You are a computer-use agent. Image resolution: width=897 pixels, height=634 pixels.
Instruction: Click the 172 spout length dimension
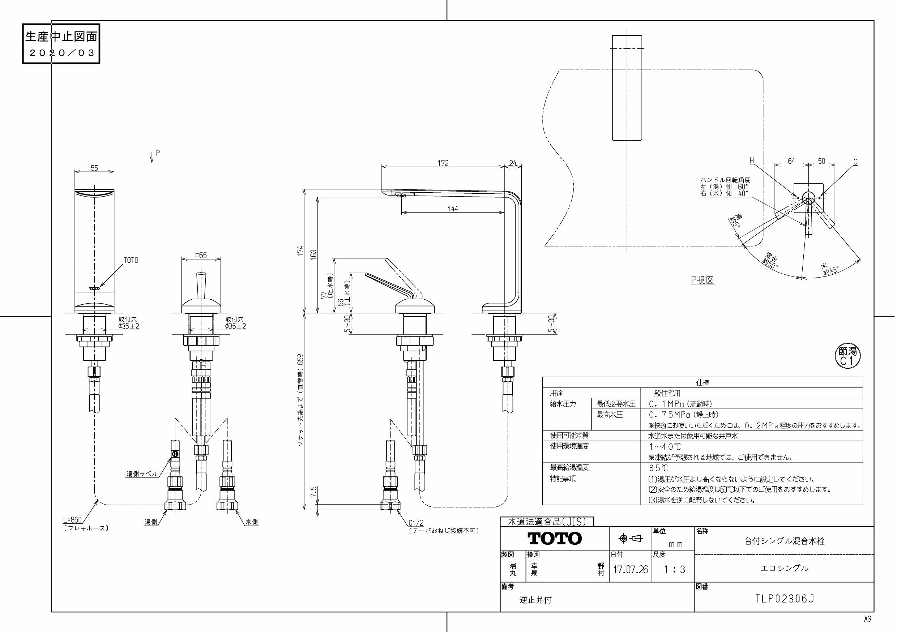pos(443,163)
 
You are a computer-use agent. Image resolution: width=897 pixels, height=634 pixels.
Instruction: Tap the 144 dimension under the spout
pos(453,209)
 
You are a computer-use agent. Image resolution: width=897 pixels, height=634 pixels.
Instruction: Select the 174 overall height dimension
pos(300,251)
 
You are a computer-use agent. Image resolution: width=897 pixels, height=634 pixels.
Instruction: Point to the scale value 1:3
pos(674,570)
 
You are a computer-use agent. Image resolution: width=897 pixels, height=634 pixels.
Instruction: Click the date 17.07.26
pos(631,570)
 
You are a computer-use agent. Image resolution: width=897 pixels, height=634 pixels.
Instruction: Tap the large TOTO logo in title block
pos(555,539)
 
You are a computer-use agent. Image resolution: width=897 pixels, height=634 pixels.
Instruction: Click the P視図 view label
pos(702,280)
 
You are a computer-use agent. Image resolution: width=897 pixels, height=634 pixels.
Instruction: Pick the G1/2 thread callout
pos(416,523)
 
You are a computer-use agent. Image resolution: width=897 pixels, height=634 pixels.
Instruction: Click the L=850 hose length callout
pos(73,519)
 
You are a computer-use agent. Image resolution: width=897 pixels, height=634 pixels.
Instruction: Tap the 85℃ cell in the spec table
pos(659,468)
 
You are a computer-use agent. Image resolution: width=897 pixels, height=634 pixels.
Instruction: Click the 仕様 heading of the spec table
pos(702,382)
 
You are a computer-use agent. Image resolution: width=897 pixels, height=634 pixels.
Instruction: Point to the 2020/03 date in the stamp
pos(62,53)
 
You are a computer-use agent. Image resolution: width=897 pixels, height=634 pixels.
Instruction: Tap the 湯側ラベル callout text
pos(142,474)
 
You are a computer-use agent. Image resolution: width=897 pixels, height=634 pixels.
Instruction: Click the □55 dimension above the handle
pos(201,256)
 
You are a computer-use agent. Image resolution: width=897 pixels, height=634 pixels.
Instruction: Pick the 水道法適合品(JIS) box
pos(547,522)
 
